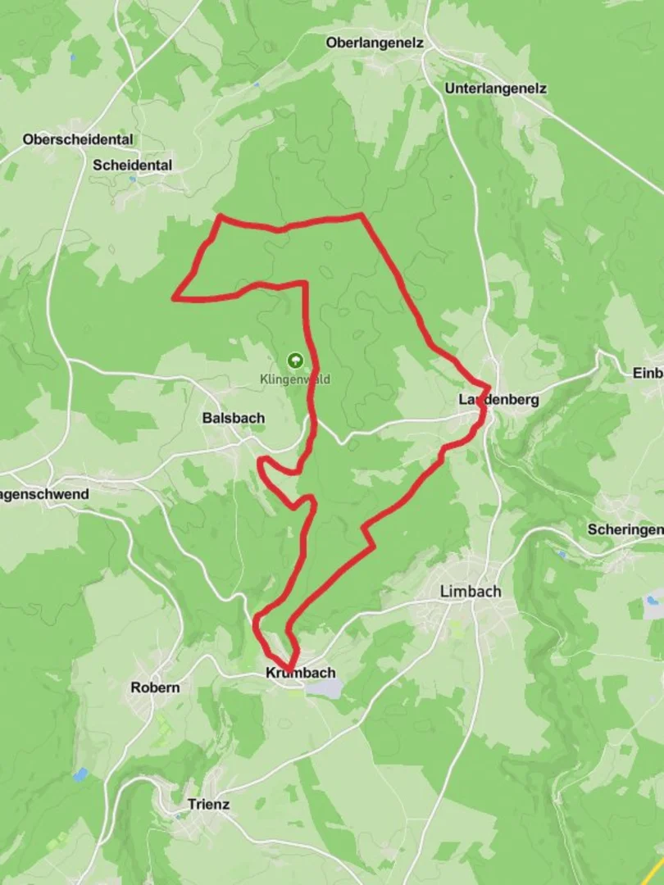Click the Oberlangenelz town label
pyautogui.click(x=375, y=43)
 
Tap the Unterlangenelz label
pyautogui.click(x=495, y=88)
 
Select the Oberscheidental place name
pyautogui.click(x=78, y=139)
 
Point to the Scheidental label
pyautogui.click(x=133, y=165)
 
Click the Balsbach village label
pyautogui.click(x=234, y=418)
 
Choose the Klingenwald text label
pyautogui.click(x=294, y=379)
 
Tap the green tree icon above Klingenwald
pyautogui.click(x=294, y=360)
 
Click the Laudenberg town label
pyautogui.click(x=499, y=400)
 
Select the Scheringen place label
pyautogui.click(x=625, y=529)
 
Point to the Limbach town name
pyautogui.click(x=471, y=591)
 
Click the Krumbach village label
pyautogui.click(x=301, y=673)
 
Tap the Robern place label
pyautogui.click(x=155, y=688)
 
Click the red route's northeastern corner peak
pyautogui.click(x=362, y=216)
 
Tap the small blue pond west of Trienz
pyautogui.click(x=80, y=774)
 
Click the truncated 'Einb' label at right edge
pyautogui.click(x=647, y=373)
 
